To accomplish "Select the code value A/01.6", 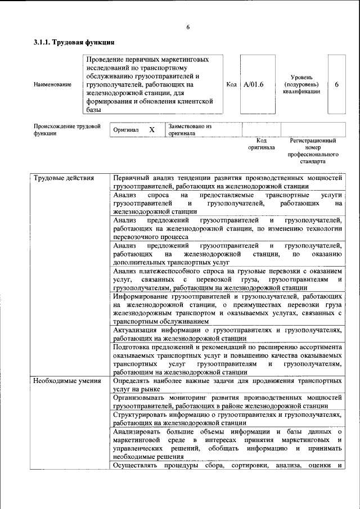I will pos(254,84).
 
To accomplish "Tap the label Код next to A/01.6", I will pos(231,84).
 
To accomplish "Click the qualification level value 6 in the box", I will pos(336,84).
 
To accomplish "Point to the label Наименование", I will pos(52,84).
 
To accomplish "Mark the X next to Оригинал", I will pos(151,129).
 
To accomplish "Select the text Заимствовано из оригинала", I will pos(189,130).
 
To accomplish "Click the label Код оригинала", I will pos(262,144).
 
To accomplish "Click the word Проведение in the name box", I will pos(107,58).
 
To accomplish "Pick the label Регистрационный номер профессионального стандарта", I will pos(313,150).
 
